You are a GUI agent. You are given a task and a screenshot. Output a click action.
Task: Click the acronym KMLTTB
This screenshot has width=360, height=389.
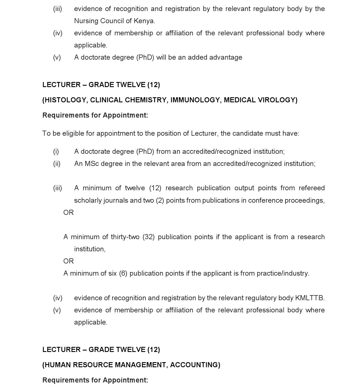coord(309,298)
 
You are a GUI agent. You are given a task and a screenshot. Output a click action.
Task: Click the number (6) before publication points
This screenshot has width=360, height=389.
coord(123,273)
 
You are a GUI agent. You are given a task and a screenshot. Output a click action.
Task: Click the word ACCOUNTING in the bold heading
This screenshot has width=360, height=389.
coord(195,365)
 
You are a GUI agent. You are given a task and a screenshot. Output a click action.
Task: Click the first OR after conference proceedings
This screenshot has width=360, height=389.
coord(69,213)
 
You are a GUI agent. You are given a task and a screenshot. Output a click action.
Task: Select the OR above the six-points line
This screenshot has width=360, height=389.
coord(69,261)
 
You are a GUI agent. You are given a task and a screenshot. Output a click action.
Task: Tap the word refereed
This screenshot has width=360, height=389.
coord(311,188)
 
